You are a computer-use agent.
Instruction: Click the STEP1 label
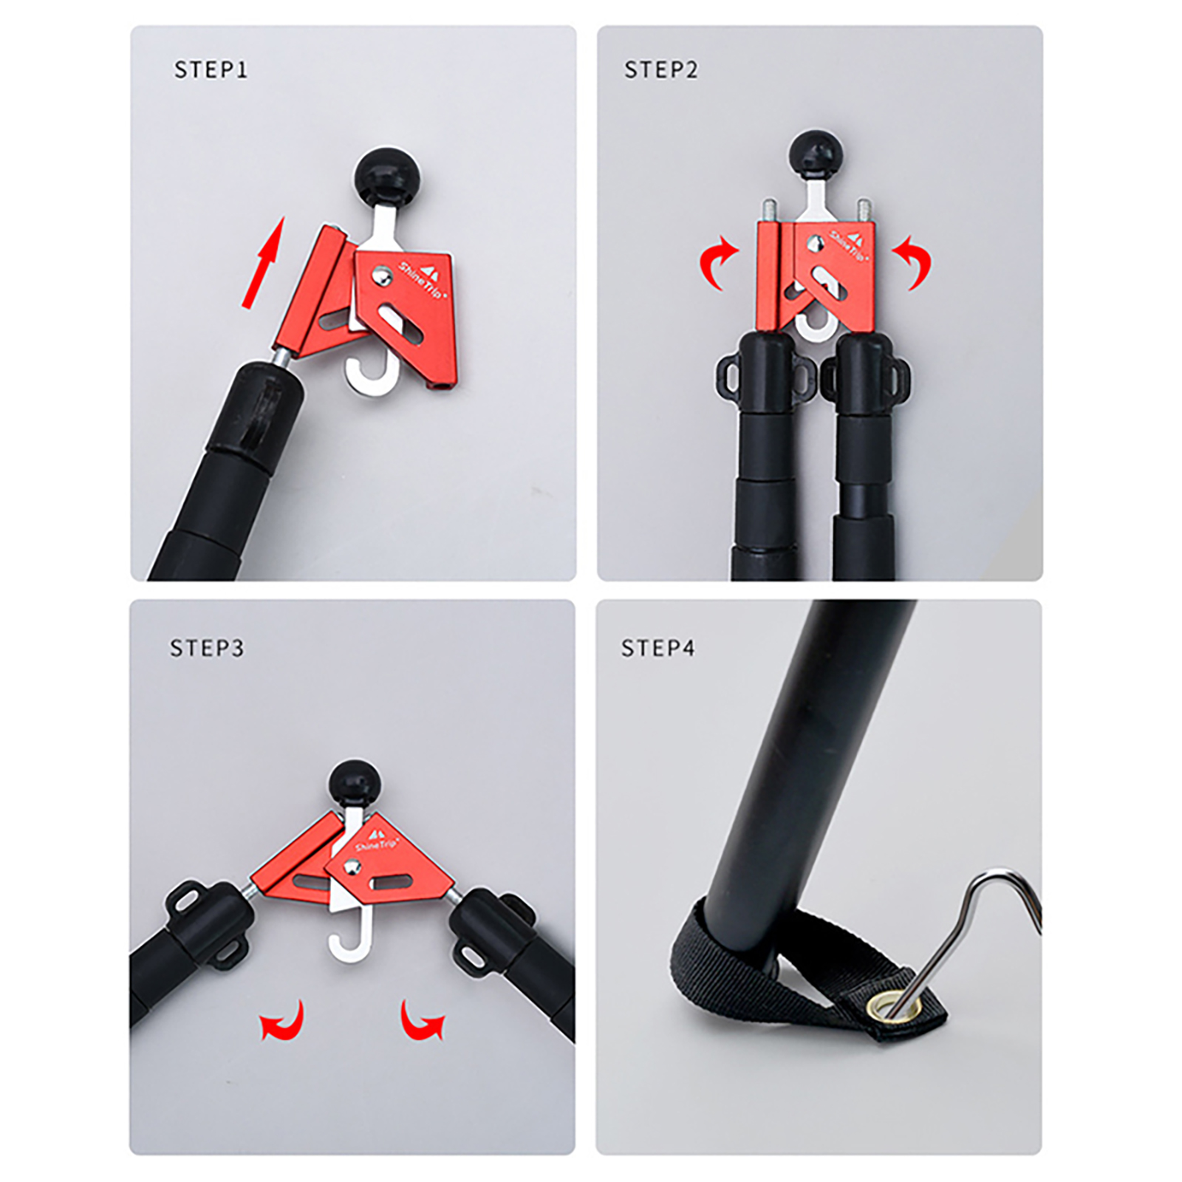(211, 69)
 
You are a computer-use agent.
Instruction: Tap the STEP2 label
(661, 69)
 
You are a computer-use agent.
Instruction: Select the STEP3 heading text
(207, 648)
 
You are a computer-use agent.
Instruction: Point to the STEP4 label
(657, 648)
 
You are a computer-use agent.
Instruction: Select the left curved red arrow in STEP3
(284, 1021)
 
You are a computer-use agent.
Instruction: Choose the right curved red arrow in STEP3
(421, 1021)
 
